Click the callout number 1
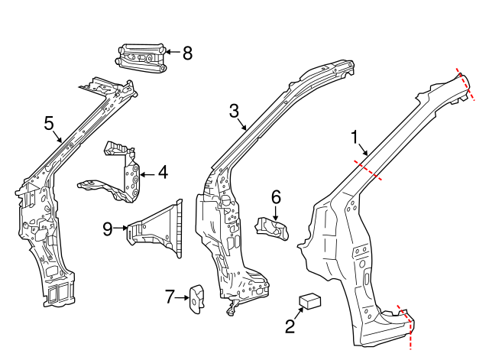click(x=355, y=137)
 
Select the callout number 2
click(x=290, y=327)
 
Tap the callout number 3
click(x=235, y=112)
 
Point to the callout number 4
click(x=162, y=173)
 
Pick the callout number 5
click(x=50, y=122)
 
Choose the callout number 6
click(x=276, y=197)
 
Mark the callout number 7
click(x=170, y=297)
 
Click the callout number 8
click(x=187, y=53)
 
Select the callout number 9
click(x=108, y=227)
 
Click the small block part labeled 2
click(x=309, y=300)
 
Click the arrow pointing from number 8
click(x=171, y=53)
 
